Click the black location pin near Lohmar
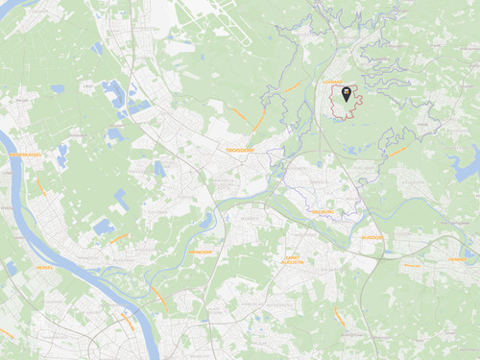346,94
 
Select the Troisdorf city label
237,151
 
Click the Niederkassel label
25,155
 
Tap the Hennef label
456,258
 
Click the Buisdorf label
372,237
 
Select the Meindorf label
200,251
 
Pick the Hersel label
44,267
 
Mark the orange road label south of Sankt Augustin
337,314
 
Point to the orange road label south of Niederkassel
40,187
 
